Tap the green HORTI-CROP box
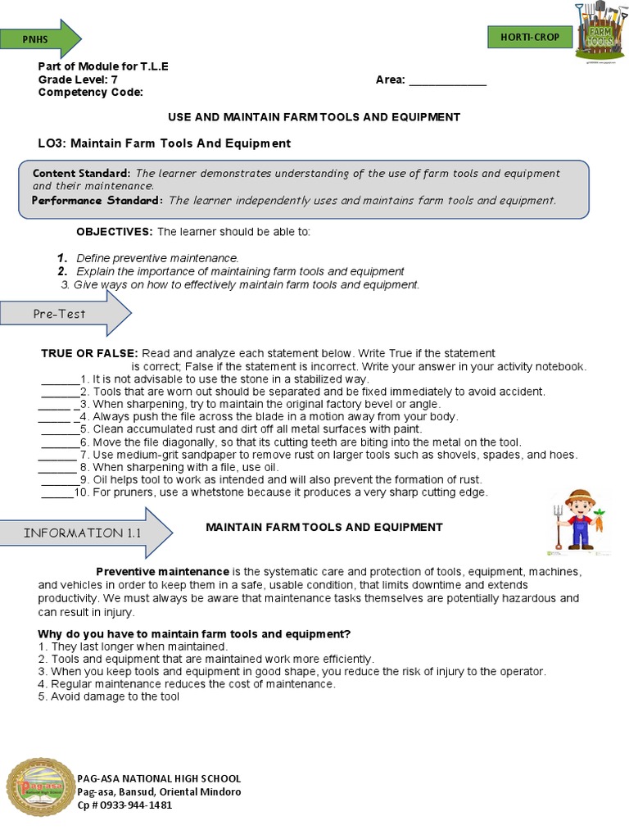pyautogui.click(x=529, y=37)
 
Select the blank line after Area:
pyautogui.click(x=447, y=80)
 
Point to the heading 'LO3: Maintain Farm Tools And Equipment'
pyautogui.click(x=164, y=143)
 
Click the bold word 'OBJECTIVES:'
pyautogui.click(x=115, y=232)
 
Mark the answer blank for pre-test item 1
pyautogui.click(x=60, y=379)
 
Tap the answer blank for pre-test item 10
pyautogui.click(x=57, y=492)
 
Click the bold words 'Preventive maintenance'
pyautogui.click(x=163, y=571)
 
